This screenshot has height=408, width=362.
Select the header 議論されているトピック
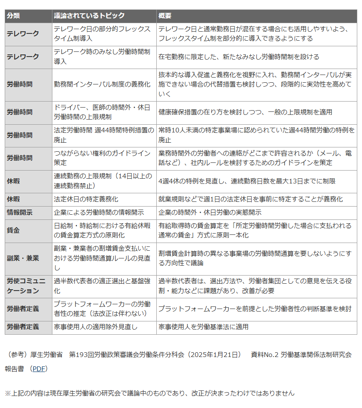(89, 16)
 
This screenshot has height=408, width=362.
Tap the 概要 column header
(165, 16)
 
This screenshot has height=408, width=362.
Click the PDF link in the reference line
(40, 369)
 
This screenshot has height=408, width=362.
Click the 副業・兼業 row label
(23, 258)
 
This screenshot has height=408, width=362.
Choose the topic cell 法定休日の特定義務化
(86, 199)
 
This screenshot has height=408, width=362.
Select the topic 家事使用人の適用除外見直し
(96, 327)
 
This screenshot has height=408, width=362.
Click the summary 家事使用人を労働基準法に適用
(203, 327)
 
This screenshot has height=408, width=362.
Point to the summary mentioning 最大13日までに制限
(250, 181)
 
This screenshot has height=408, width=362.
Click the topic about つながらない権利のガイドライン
(102, 158)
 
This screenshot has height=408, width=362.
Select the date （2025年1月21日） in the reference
(213, 354)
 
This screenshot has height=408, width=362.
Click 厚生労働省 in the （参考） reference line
(46, 354)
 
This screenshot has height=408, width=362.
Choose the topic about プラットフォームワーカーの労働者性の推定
(102, 309)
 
